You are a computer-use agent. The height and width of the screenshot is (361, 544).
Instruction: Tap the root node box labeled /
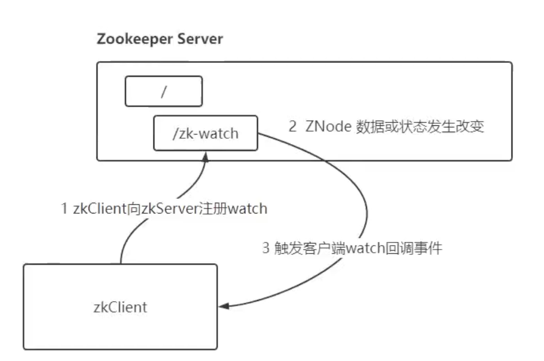point(164,92)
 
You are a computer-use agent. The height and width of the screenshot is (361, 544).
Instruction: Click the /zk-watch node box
point(205,134)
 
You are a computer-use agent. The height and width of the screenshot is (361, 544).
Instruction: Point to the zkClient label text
point(120,307)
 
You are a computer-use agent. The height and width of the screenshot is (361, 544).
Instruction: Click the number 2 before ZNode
point(292,127)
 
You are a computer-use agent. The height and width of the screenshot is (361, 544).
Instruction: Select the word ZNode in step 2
point(327,127)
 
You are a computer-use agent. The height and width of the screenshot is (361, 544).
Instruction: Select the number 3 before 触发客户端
point(265,249)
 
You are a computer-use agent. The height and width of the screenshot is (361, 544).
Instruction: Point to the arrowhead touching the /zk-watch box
point(206,156)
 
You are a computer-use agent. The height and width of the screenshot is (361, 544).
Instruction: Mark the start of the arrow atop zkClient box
point(121,262)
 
